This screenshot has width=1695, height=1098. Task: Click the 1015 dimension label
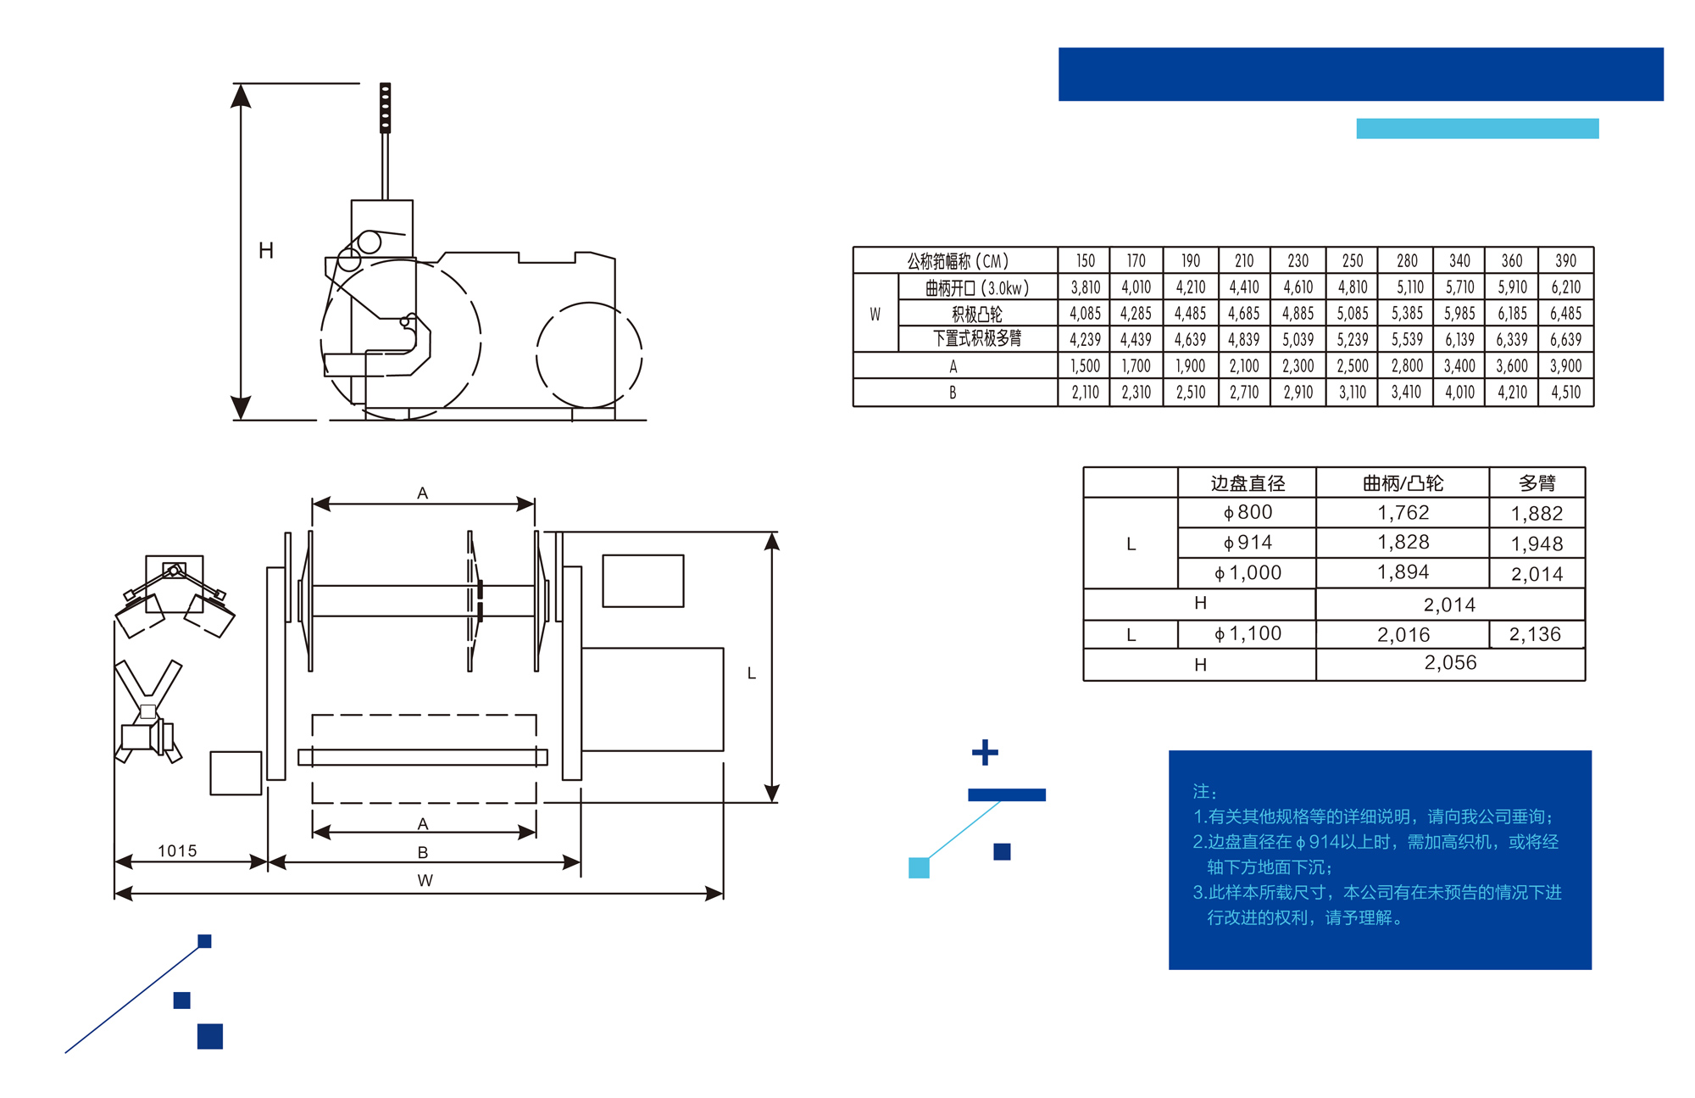(x=177, y=850)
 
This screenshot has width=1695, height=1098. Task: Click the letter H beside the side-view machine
(x=266, y=250)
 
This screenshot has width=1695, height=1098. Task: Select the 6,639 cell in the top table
(x=1565, y=339)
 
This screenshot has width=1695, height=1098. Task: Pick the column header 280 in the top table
(x=1407, y=260)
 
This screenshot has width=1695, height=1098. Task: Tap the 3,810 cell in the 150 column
(x=1085, y=287)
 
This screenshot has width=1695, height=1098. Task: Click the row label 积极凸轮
(x=976, y=314)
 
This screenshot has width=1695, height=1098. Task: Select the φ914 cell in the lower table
(x=1248, y=543)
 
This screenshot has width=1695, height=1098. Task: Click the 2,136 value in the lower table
(x=1535, y=634)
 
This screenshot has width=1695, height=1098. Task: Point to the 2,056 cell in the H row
(x=1450, y=663)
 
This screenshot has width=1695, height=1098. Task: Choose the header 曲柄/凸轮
(x=1403, y=483)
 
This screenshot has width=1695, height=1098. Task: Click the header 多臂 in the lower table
(x=1537, y=483)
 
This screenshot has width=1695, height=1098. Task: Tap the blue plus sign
(x=985, y=752)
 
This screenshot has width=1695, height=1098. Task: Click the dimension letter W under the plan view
(x=425, y=880)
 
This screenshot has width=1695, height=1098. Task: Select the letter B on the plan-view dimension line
(x=423, y=852)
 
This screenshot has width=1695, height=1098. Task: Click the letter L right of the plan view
(x=752, y=673)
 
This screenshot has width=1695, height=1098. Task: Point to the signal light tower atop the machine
(x=385, y=108)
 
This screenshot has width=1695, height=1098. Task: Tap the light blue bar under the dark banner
(x=1477, y=128)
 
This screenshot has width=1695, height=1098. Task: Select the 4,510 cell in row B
(x=1565, y=393)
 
